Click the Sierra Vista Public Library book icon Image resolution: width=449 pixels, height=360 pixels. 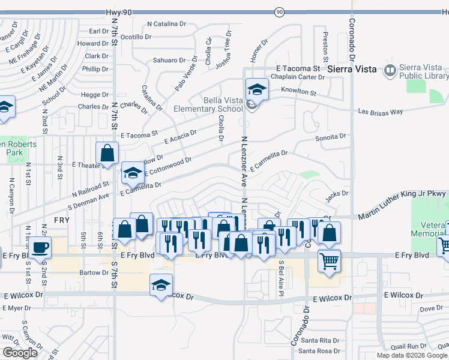[390, 70]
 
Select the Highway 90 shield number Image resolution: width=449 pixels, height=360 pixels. [279, 12]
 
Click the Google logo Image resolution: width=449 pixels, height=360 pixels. [20, 353]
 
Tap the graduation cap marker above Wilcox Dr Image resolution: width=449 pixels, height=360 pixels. [161, 285]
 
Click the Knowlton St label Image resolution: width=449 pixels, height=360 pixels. [298, 91]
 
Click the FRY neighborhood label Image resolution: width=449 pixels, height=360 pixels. [61, 221]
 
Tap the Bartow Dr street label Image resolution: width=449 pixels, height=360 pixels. [93, 272]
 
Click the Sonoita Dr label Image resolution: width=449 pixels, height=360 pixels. [331, 137]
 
